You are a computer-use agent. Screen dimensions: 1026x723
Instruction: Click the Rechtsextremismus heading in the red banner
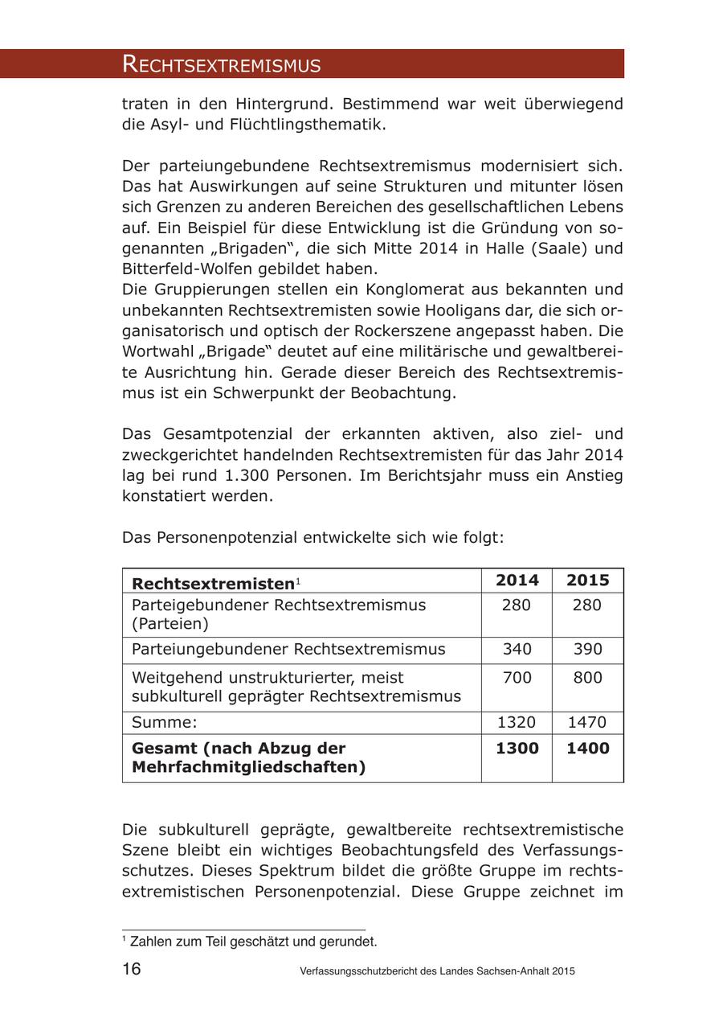(x=221, y=64)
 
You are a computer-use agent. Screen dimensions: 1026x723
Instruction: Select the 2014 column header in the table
(x=517, y=581)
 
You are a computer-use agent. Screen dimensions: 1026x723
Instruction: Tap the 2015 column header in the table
(x=587, y=581)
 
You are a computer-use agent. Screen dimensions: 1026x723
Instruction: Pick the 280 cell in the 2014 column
(x=517, y=605)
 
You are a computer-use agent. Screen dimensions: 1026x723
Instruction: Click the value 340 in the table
(x=517, y=649)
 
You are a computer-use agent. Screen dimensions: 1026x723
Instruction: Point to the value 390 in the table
(x=587, y=649)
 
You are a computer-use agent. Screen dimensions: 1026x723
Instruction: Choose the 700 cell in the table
(x=517, y=678)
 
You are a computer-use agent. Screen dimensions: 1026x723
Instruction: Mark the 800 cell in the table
(x=587, y=678)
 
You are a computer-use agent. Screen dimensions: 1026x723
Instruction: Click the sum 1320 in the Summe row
(x=517, y=722)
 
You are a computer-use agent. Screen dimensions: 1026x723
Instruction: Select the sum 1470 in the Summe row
(x=587, y=722)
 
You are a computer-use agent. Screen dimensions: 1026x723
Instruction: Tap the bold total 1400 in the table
(x=587, y=749)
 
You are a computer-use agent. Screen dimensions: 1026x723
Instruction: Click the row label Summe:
(x=164, y=722)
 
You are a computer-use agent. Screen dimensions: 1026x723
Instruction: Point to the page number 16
(x=132, y=969)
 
